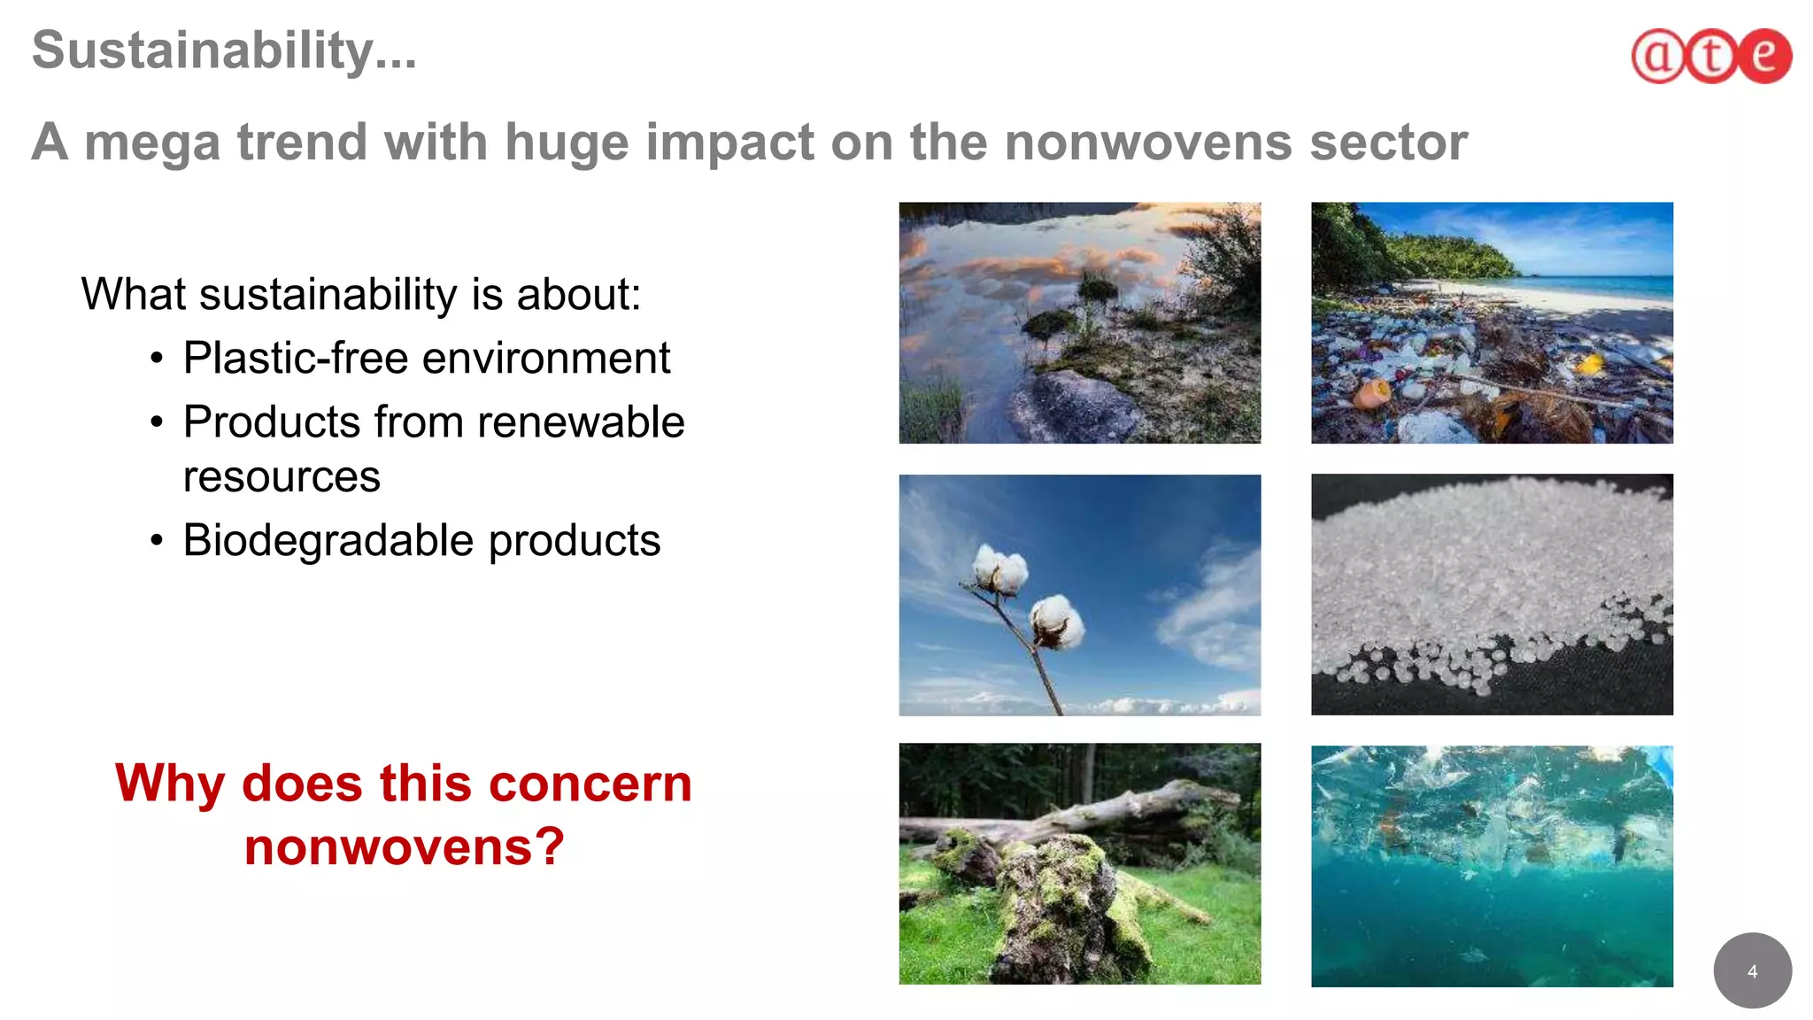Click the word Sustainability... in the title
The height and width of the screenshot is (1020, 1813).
click(x=223, y=50)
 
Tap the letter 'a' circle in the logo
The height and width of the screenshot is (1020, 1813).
click(x=1658, y=56)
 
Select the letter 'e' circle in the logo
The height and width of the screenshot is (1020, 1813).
click(x=1763, y=56)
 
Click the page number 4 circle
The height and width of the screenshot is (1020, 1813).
click(x=1752, y=971)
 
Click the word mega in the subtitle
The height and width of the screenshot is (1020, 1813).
click(x=151, y=143)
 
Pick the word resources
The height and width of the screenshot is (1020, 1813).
click(x=282, y=477)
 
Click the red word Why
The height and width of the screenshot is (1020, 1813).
click(x=170, y=784)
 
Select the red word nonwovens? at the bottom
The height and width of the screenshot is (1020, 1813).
click(x=404, y=847)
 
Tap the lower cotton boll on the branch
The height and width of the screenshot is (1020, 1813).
click(x=1057, y=622)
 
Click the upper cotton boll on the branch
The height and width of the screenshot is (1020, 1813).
click(x=1000, y=569)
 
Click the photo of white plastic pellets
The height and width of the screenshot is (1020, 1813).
click(x=1492, y=594)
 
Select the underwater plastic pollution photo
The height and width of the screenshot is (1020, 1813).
click(x=1492, y=866)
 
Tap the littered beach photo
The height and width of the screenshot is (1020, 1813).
click(x=1492, y=323)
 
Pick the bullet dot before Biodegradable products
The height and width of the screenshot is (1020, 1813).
click(x=157, y=540)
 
